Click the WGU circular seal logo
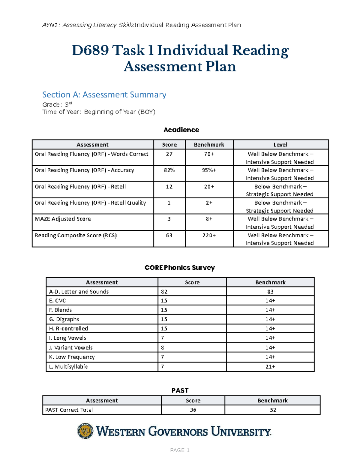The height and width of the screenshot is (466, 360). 85,431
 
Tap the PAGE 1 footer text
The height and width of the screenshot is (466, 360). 180,450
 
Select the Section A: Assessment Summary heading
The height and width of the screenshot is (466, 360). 104,95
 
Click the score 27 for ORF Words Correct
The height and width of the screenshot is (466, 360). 169,154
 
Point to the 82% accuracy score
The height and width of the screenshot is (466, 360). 169,170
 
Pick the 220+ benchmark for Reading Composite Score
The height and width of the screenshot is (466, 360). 209,235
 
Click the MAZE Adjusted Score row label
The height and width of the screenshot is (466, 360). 63,219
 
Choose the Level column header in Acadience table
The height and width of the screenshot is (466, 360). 280,145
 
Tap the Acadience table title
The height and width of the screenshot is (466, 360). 181,130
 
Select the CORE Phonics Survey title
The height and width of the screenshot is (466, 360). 180,268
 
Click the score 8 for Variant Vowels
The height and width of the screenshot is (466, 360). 163,347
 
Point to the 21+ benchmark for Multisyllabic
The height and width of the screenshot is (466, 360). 270,366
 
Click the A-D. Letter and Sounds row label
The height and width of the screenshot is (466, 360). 79,292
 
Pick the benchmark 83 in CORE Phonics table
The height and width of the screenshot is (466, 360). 270,292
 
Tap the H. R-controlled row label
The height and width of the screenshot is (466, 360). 69,329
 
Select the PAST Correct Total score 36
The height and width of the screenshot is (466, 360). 193,410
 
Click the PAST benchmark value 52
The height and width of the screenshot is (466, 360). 273,410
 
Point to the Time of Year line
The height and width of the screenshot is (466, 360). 99,112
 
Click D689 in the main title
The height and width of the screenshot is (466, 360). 90,50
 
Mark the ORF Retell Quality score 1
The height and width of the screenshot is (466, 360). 169,203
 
